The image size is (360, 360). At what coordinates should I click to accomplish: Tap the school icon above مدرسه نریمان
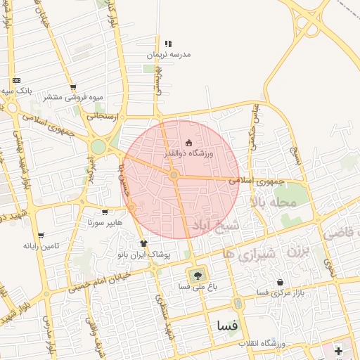coord(167,44)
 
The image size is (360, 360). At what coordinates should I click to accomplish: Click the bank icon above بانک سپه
coord(16,81)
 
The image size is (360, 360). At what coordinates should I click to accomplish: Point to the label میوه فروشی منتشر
coord(74,96)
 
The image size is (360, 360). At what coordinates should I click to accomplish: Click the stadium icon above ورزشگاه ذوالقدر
coord(188,143)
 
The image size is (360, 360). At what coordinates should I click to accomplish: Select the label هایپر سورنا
coord(105,223)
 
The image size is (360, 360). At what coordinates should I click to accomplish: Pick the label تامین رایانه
coord(39,246)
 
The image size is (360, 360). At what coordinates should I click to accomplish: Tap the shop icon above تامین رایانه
coord(40,236)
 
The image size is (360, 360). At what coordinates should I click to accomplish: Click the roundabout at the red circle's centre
coord(174,174)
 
